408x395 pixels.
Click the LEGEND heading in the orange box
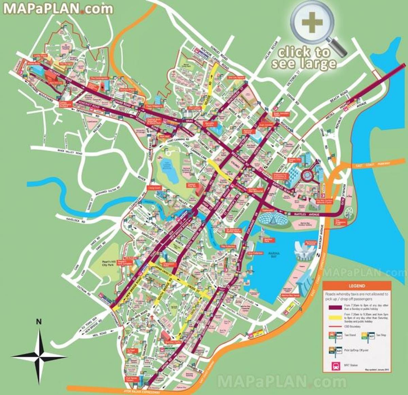tap(356, 286)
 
